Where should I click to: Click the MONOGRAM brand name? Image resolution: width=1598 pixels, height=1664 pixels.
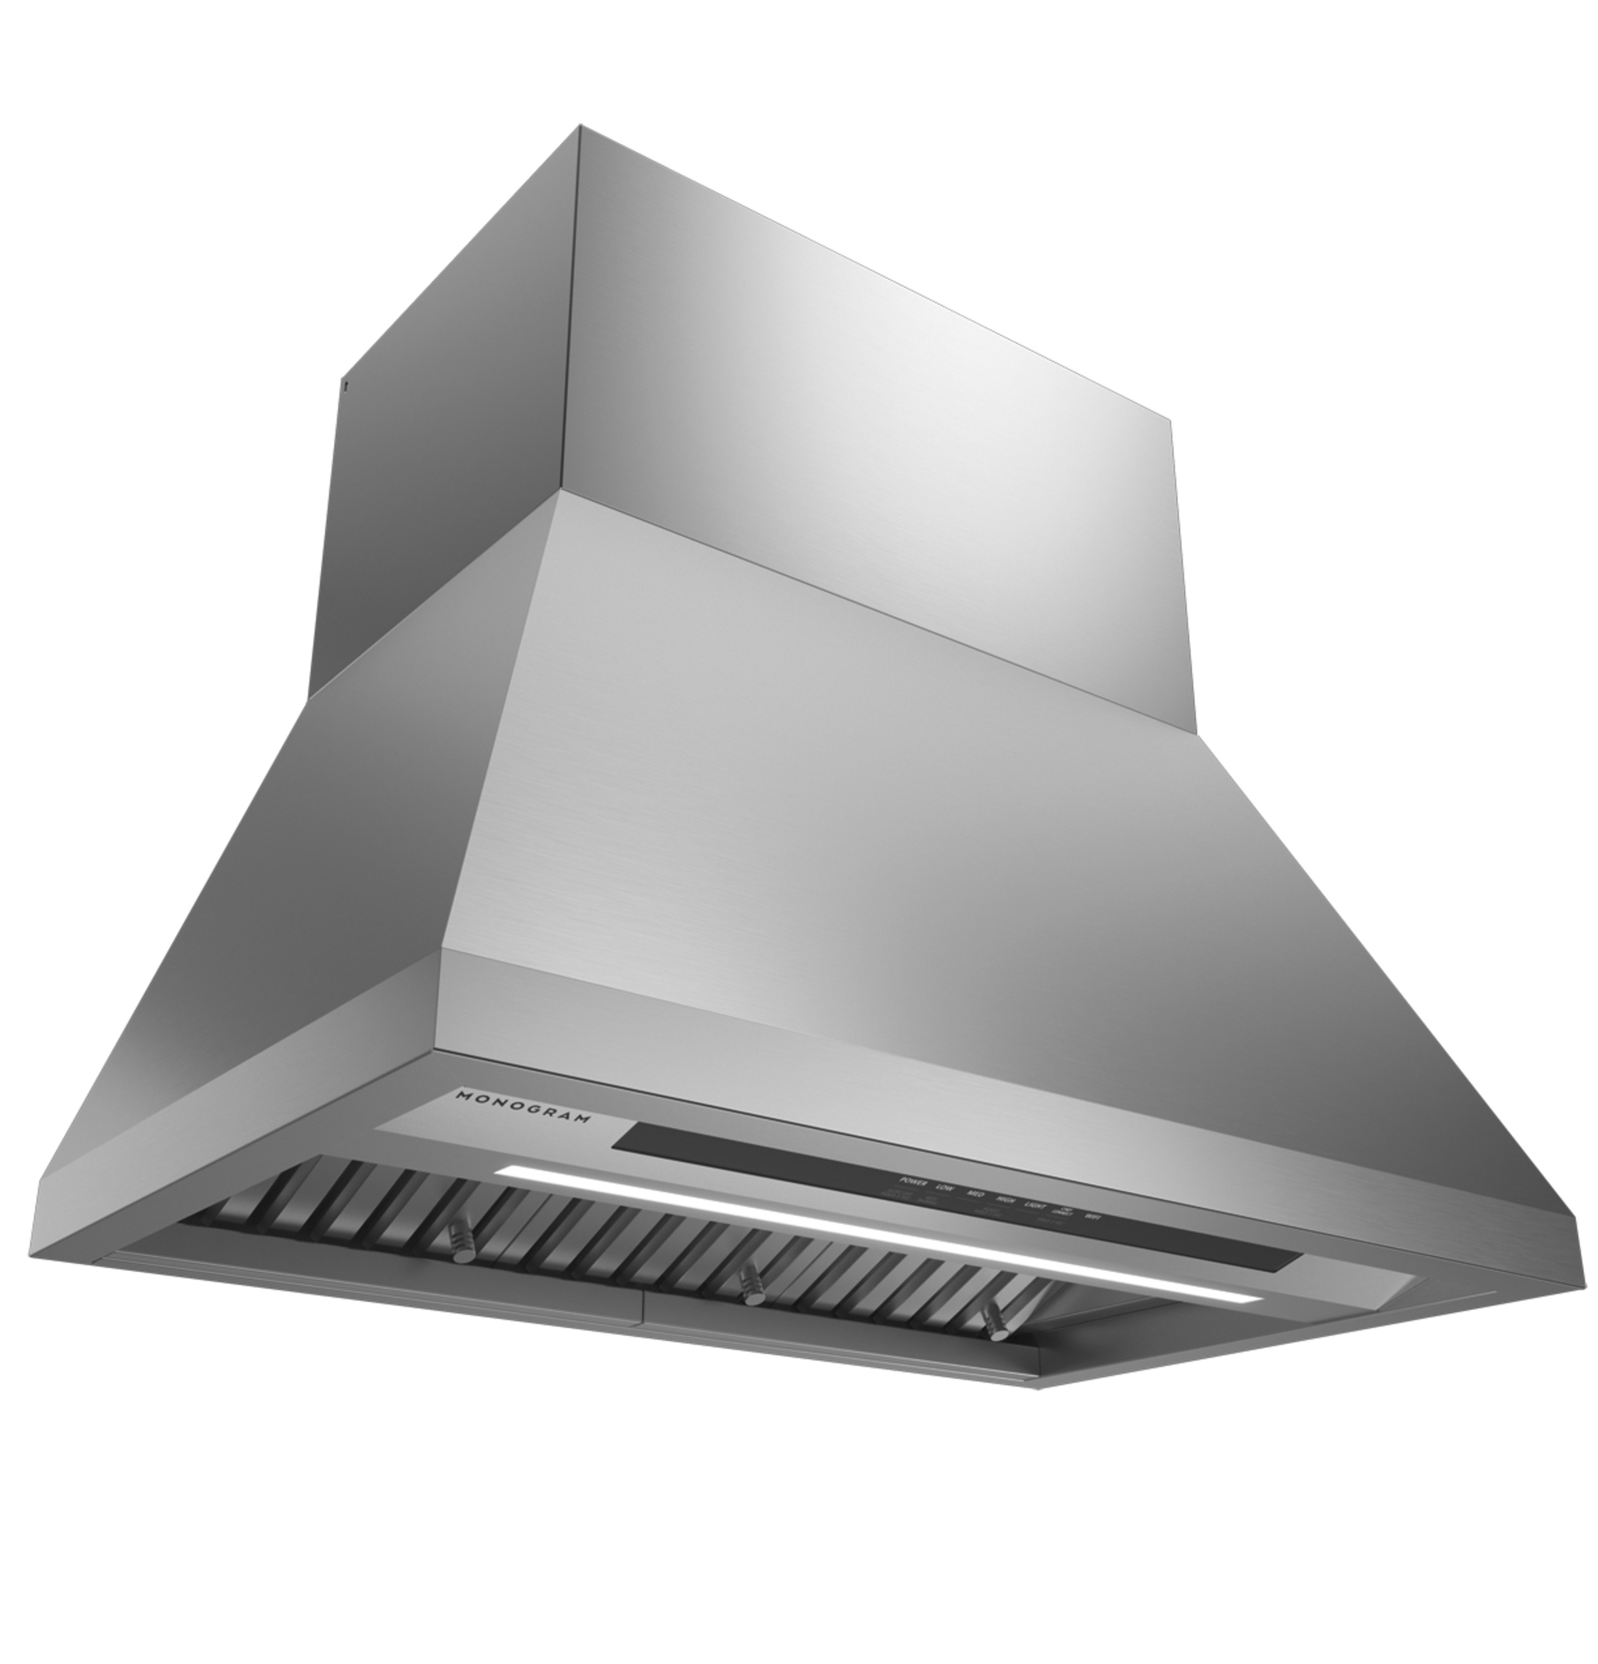pyautogui.click(x=522, y=1107)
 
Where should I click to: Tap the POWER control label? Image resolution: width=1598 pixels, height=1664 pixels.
pyautogui.click(x=914, y=1183)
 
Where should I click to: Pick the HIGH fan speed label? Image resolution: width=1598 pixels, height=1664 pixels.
pyautogui.click(x=1006, y=1199)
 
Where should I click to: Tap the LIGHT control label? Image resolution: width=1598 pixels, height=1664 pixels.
pyautogui.click(x=1036, y=1205)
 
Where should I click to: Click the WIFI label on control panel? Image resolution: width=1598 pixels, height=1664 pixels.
pyautogui.click(x=1093, y=1217)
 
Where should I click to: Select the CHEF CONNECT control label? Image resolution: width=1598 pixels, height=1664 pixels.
pyautogui.click(x=1063, y=1211)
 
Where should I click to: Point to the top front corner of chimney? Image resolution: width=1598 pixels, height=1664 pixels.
pyautogui.click(x=580, y=127)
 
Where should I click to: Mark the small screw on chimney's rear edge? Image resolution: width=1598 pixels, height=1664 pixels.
pyautogui.click(x=346, y=386)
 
